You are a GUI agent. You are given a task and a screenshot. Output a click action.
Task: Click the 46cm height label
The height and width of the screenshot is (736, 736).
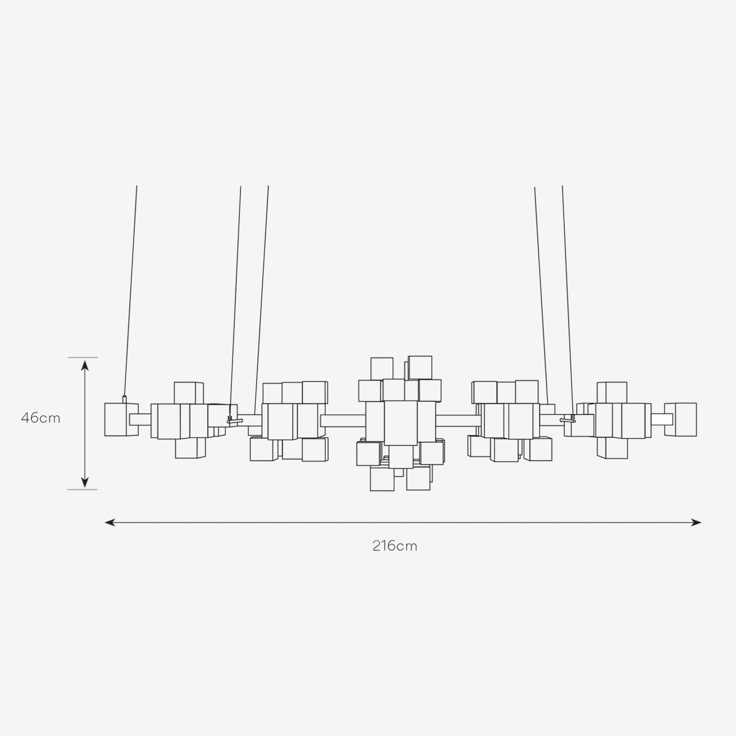pyautogui.click(x=41, y=418)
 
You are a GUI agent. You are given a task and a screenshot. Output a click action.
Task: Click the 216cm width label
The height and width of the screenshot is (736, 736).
pyautogui.click(x=395, y=546)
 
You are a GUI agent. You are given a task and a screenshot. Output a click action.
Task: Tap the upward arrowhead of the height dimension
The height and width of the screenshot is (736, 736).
pyautogui.click(x=85, y=366)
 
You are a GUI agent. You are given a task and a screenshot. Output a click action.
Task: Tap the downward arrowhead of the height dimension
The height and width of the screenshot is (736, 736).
pyautogui.click(x=85, y=483)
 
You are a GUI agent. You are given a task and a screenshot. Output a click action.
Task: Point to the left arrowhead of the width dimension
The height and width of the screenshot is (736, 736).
pyautogui.click(x=110, y=523)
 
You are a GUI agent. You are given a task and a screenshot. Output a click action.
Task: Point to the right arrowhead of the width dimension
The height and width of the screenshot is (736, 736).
pyautogui.click(x=696, y=523)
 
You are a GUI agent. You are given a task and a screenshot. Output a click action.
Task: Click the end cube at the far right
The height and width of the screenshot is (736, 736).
pyautogui.click(x=680, y=420)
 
